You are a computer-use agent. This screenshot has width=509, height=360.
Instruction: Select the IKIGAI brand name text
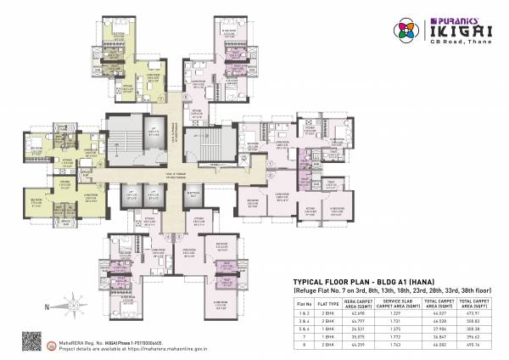[458, 30]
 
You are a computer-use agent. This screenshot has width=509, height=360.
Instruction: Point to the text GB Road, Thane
[458, 42]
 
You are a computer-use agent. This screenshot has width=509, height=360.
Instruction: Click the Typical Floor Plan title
[350, 279]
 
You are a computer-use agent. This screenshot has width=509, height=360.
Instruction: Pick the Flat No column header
[303, 302]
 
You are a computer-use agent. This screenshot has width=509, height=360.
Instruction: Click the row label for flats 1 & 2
[303, 314]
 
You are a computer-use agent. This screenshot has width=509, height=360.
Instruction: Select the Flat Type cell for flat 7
[327, 336]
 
